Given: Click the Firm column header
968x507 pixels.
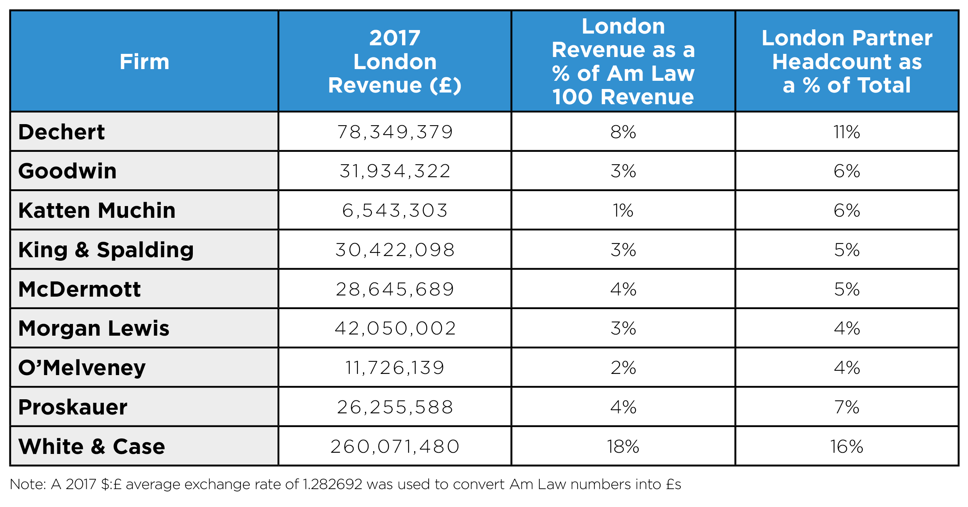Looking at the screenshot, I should click(144, 62).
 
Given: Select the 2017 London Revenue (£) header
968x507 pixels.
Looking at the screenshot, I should click(395, 62).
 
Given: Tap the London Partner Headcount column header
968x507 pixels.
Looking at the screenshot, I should click(847, 62).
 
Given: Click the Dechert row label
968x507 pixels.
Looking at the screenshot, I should click(61, 132).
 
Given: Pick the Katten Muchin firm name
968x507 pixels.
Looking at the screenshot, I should click(97, 210).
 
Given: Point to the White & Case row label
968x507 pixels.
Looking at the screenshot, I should click(92, 447).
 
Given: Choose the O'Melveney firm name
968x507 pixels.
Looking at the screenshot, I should click(82, 368).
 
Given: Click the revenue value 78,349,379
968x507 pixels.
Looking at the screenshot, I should click(395, 132).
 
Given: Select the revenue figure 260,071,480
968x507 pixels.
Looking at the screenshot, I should click(395, 447).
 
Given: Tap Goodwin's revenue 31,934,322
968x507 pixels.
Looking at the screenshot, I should click(395, 171).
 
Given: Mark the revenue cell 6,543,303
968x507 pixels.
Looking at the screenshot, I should click(395, 210).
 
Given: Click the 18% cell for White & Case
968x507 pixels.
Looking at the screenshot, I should click(623, 447).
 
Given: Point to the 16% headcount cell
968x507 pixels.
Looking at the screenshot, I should click(847, 447).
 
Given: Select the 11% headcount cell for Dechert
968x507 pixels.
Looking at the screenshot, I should click(847, 132).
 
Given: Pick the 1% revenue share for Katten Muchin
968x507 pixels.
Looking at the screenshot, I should click(623, 210).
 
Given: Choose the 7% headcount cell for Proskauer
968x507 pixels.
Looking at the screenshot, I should click(847, 407).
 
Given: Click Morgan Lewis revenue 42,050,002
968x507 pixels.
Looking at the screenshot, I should click(395, 328).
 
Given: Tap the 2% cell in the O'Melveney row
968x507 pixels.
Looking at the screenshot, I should click(623, 368).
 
